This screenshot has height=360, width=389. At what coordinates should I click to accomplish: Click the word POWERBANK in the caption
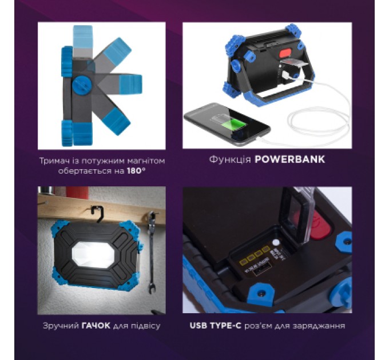point(290,159)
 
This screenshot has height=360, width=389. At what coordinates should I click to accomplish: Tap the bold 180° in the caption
point(136,171)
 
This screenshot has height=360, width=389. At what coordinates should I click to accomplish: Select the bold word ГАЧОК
point(96,325)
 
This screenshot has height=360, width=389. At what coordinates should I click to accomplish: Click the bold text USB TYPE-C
point(215,325)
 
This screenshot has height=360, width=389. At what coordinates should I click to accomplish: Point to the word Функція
point(230,159)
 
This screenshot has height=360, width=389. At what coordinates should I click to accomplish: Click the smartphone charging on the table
point(227,124)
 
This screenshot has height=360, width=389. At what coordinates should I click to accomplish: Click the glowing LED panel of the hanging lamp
point(93,255)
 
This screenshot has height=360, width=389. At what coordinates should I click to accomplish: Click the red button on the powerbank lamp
point(285,53)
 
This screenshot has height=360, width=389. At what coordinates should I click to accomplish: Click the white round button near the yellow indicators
point(275,242)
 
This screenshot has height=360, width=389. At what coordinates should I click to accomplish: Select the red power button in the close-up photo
point(320,226)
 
